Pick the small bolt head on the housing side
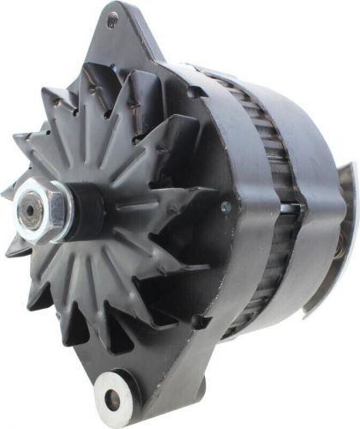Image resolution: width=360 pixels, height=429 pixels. click(225, 207)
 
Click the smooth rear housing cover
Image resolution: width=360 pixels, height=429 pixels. click(313, 214)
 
